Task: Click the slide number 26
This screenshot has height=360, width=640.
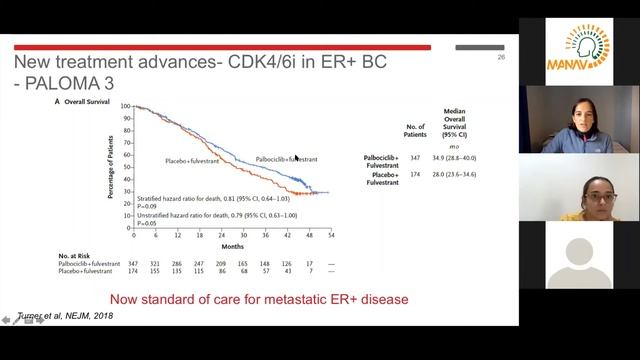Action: tap(502, 57)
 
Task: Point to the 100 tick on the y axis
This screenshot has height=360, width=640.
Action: tap(126, 106)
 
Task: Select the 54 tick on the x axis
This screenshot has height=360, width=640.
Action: tap(331, 235)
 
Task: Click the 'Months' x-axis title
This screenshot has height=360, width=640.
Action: tap(233, 246)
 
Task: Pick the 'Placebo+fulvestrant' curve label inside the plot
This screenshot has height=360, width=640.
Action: tap(192, 160)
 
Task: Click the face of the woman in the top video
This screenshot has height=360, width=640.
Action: tap(579, 111)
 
